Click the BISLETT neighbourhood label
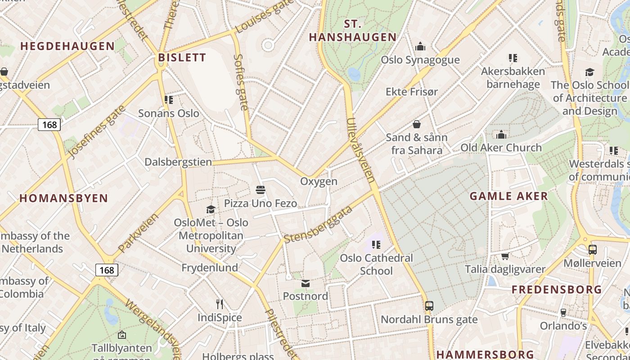[x=182, y=58]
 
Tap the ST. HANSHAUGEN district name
[x=352, y=31]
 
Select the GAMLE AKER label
[x=508, y=196]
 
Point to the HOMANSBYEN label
[x=63, y=198]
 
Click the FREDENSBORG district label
[x=557, y=289]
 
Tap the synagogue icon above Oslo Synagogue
[x=420, y=46]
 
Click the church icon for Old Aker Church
[x=501, y=135]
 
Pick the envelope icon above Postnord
[x=306, y=283]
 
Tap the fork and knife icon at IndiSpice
[x=220, y=304]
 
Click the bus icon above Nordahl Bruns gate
[x=429, y=306]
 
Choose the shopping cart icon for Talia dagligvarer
[x=505, y=256]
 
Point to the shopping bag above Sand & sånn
[x=417, y=124]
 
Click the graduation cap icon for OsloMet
[x=211, y=209]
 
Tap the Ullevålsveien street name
[x=361, y=150]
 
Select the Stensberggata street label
[x=318, y=225]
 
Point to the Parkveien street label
[x=138, y=233]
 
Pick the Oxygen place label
[x=319, y=181]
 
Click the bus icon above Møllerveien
[x=592, y=250]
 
